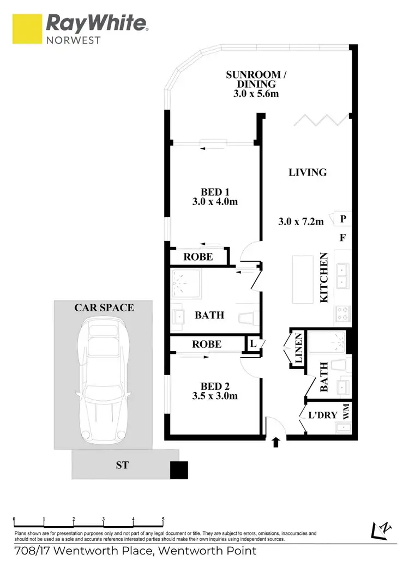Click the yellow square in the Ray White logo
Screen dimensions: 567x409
(27, 28)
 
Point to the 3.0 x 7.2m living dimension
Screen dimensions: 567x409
(301, 221)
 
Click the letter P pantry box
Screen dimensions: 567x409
(343, 219)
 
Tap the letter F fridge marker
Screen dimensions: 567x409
(343, 238)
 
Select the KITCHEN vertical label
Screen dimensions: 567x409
(323, 278)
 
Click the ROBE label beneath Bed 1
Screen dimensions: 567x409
(198, 257)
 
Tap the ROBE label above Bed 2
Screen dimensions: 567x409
(207, 344)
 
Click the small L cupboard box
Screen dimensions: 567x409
(254, 343)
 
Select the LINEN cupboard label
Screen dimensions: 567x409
(298, 348)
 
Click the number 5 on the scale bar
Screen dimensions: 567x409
(163, 519)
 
